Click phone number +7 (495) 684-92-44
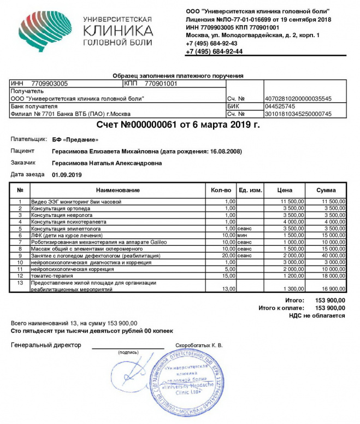(214, 51)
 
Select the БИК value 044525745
(280, 106)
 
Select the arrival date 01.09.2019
(67, 175)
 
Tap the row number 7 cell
(20, 242)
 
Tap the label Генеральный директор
(46, 345)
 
